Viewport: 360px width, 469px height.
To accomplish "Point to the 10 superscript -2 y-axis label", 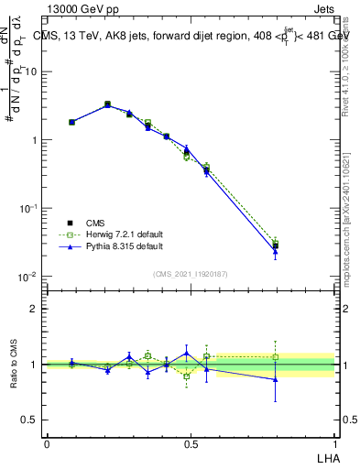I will coord(27,277).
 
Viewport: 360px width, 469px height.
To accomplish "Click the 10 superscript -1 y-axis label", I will coord(27,209).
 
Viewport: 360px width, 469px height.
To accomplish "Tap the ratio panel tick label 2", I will coord(33,309).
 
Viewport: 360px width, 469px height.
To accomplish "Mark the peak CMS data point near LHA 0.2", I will coord(107,104).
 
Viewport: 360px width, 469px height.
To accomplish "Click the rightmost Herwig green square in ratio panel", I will coord(275,357).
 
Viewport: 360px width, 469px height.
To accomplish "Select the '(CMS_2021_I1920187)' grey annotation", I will coord(190,274).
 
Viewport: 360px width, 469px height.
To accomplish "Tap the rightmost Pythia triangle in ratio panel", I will coord(275,378).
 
